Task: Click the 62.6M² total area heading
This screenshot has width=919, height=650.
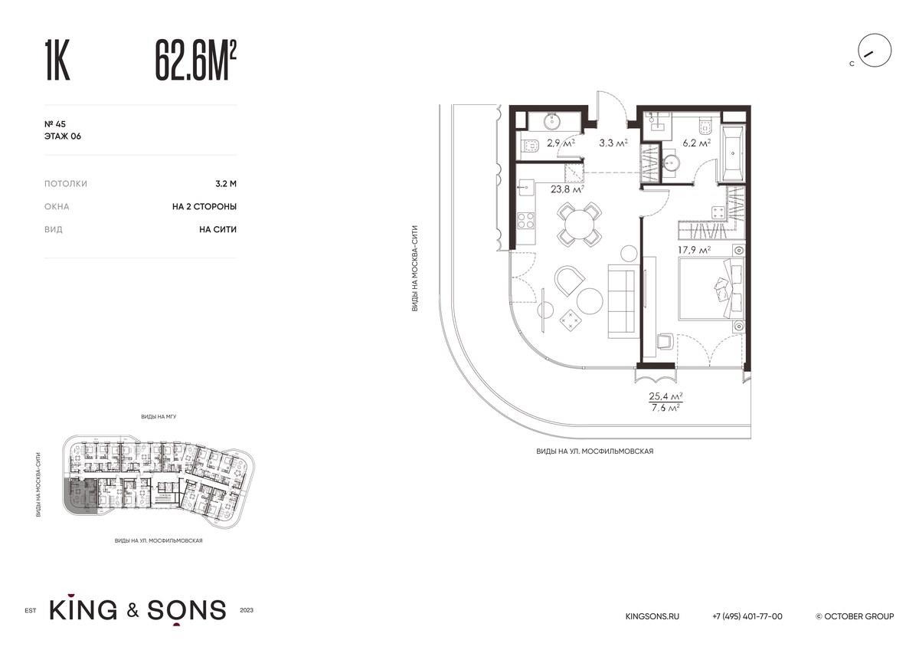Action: tap(196, 61)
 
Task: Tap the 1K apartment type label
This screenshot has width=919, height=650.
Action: tap(57, 61)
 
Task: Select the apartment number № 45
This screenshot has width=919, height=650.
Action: tap(55, 124)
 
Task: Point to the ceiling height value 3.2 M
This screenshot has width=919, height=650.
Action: tap(226, 183)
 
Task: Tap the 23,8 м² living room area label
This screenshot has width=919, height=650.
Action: tap(567, 189)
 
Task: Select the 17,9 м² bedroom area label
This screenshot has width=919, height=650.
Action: tap(694, 250)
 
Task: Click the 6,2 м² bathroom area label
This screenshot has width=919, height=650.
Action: tap(697, 143)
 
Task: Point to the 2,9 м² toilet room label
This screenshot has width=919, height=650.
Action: tap(561, 143)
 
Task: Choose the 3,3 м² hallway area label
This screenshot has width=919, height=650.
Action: tap(613, 143)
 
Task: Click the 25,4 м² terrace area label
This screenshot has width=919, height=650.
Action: tap(666, 396)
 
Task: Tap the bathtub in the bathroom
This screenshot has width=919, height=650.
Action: tap(732, 153)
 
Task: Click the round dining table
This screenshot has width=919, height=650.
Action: tap(579, 224)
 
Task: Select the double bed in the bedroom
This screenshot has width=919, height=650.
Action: tap(711, 289)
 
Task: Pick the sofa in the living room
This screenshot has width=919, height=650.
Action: tap(623, 301)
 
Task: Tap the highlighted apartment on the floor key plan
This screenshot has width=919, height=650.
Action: tap(80, 496)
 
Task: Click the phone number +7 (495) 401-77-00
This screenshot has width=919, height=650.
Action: tap(747, 616)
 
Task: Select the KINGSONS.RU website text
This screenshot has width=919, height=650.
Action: tap(652, 616)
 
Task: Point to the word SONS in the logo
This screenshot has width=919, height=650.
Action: tap(187, 610)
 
